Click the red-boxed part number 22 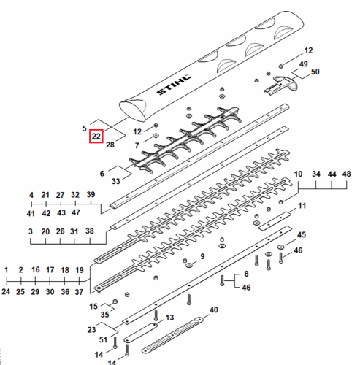96,137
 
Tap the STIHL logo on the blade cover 174,84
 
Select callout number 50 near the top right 315,72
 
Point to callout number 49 303,64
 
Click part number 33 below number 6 116,181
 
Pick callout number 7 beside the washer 137,145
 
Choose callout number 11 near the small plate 302,206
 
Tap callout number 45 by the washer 302,235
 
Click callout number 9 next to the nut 202,256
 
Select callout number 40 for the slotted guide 214,310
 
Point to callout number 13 169,318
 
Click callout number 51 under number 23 103,339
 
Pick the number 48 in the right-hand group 347,174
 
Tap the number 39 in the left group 91,195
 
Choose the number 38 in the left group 90,231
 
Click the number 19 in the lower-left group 80,270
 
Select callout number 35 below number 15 104,315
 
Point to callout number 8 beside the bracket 246,274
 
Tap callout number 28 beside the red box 110,145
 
